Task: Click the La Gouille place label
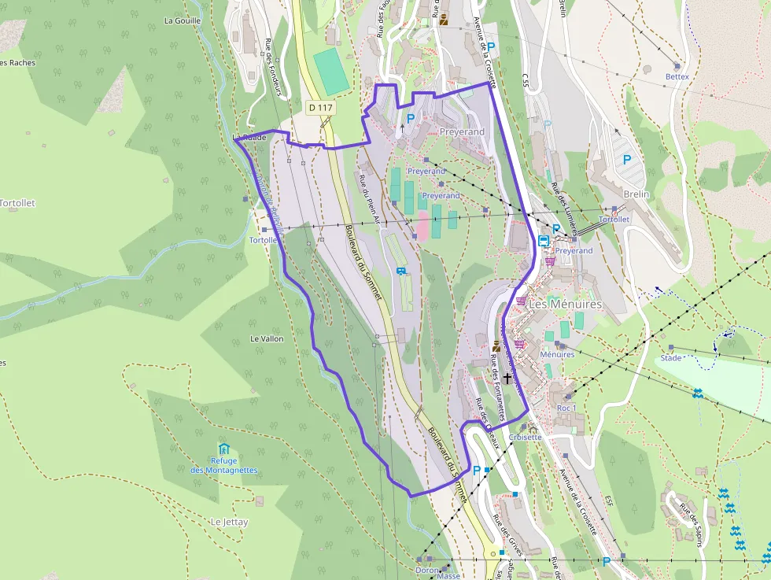[x=183, y=20]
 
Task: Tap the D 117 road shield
[x=320, y=107]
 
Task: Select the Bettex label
[x=677, y=76]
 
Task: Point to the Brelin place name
[x=636, y=194]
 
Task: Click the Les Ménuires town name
[x=565, y=304]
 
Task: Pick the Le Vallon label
[x=266, y=338]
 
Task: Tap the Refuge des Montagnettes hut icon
[x=223, y=449]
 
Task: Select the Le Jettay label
[x=229, y=522]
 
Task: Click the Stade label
[x=671, y=358]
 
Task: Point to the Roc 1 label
[x=566, y=408]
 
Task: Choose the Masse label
[x=448, y=575]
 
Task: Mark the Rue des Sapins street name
[x=692, y=523]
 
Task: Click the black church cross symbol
[x=507, y=378]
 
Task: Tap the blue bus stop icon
[x=544, y=241]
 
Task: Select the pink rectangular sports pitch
[x=422, y=225]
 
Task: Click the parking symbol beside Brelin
[x=627, y=159]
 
